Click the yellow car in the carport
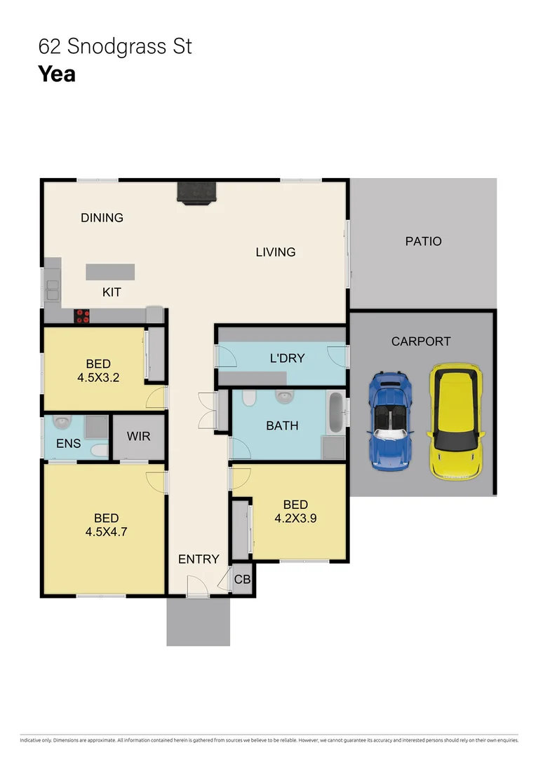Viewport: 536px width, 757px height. (457, 422)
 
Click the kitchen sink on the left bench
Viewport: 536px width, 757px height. (53, 289)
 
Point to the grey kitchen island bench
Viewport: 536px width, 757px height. (110, 271)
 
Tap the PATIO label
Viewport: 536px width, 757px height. (423, 241)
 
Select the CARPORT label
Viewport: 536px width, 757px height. (421, 341)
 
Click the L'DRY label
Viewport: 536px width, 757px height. (287, 358)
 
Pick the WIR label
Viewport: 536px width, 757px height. (138, 436)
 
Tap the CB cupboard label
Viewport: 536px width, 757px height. (242, 580)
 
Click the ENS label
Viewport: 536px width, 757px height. (68, 444)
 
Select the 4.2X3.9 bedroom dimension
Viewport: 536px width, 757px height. (295, 518)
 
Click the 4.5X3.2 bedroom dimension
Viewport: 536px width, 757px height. (98, 376)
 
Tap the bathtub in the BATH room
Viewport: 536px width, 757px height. (336, 413)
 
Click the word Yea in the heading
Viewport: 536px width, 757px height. (57, 74)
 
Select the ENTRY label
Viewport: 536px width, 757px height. (199, 559)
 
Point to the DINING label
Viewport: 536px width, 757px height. (102, 217)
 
